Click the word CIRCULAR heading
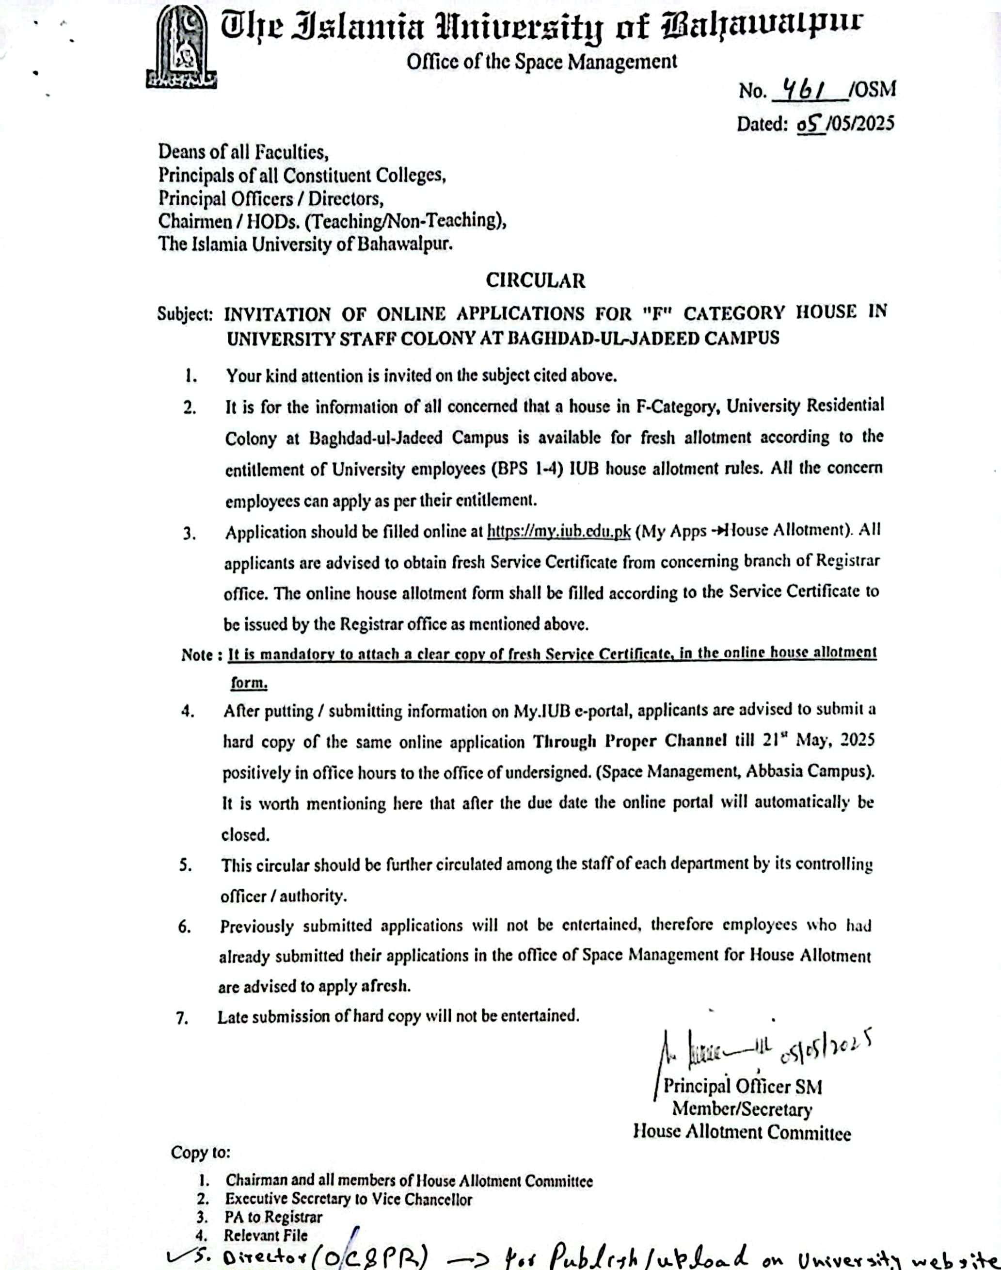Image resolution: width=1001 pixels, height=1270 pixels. pos(535,280)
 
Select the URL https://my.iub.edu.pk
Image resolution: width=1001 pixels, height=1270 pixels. pos(558,532)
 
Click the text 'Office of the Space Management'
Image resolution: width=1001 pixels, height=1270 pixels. pos(541,62)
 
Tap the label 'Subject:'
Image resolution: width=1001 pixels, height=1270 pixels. pos(185,314)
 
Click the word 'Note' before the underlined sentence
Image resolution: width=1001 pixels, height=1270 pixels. pos(197,655)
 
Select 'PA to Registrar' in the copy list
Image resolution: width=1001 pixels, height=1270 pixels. pos(273,1217)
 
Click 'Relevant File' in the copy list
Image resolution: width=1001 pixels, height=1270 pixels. pos(266,1235)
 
